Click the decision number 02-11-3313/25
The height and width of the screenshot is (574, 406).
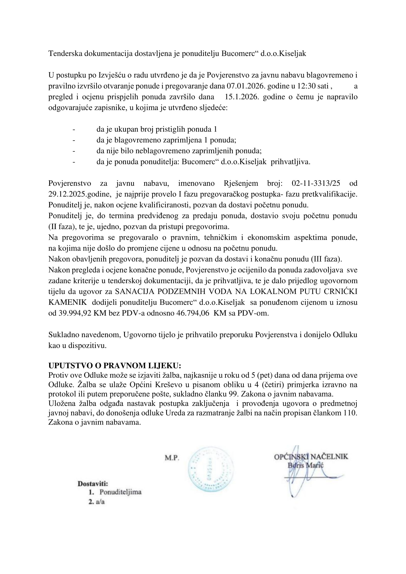pyautogui.click(x=316, y=183)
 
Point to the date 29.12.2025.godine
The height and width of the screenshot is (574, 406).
pyautogui.click(x=79, y=194)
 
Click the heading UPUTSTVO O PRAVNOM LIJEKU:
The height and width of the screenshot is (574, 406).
pyautogui.click(x=114, y=365)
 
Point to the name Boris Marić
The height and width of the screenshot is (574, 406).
pyautogui.click(x=306, y=466)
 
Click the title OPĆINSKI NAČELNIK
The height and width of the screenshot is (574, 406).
pyautogui.click(x=311, y=457)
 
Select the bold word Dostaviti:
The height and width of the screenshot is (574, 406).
pyautogui.click(x=93, y=484)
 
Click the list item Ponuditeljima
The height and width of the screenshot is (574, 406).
pyautogui.click(x=121, y=492)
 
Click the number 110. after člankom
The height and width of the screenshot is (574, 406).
pyautogui.click(x=350, y=413)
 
